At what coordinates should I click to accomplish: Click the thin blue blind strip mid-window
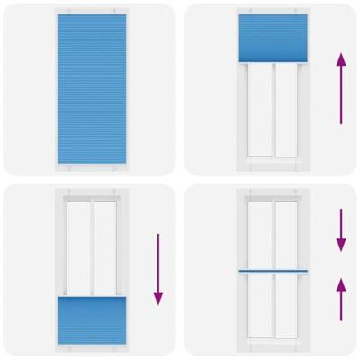[274, 271]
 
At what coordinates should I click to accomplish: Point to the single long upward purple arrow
[340, 87]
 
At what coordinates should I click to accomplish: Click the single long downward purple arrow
[157, 269]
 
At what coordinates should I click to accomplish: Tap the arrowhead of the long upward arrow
[340, 58]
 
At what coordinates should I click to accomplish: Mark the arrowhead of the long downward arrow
[157, 300]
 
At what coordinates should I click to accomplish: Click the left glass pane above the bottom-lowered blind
[78, 246]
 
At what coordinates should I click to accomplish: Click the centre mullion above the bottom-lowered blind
[92, 246]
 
